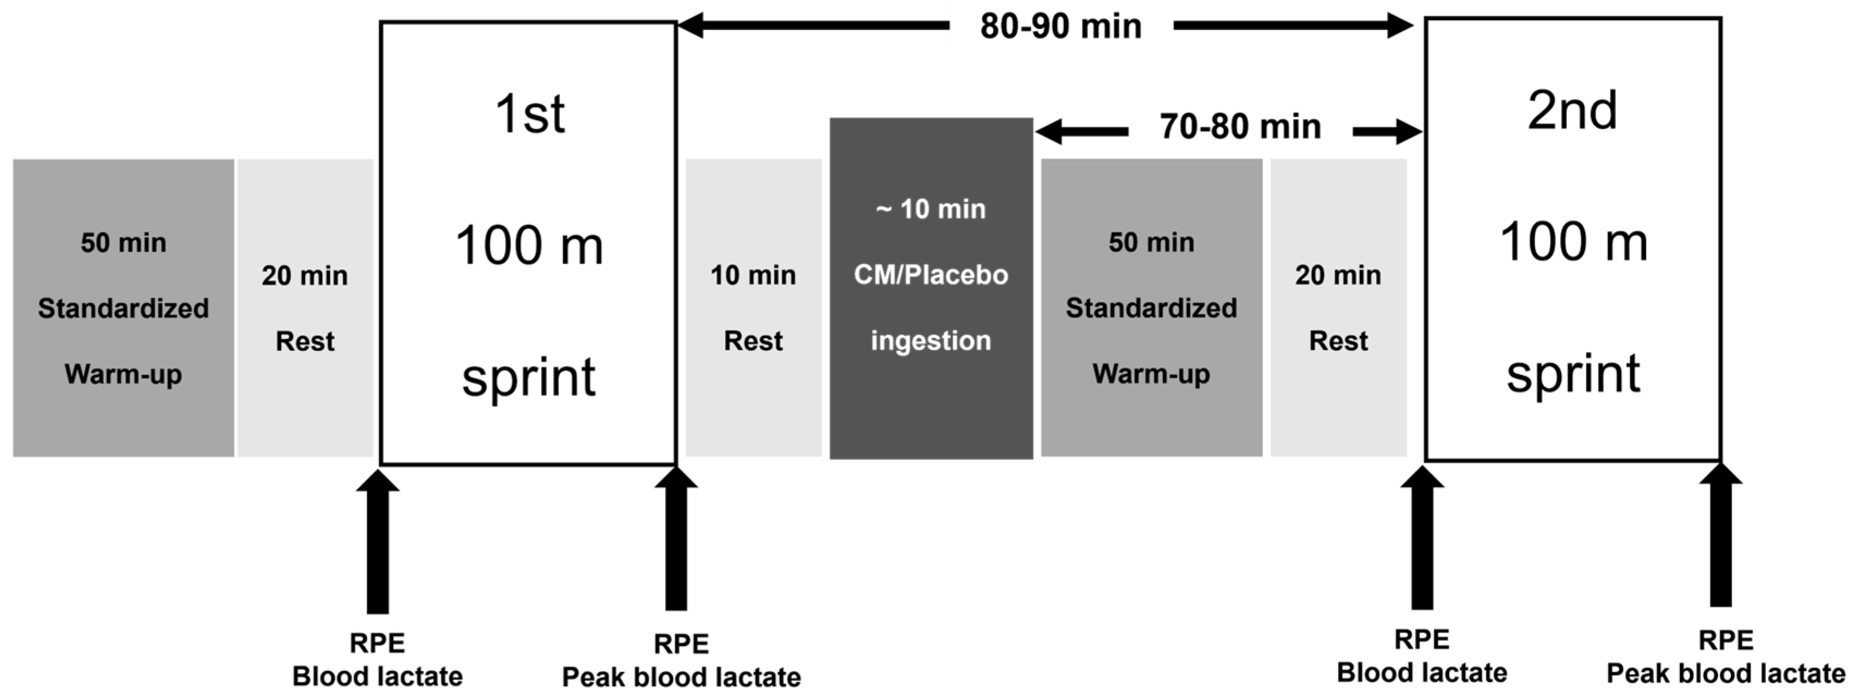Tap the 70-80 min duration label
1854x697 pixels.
tap(1240, 127)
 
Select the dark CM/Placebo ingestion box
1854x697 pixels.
tap(931, 288)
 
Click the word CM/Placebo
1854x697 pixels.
tap(931, 275)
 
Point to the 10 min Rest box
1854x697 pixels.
tap(754, 308)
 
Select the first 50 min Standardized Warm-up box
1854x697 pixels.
tap(124, 308)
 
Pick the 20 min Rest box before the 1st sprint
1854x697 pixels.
tap(305, 308)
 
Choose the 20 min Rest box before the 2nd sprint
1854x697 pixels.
tap(1339, 308)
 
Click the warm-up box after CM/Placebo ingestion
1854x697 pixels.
tap(1151, 308)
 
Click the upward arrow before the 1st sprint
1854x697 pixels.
tap(378, 541)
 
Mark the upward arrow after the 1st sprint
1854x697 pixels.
tap(676, 539)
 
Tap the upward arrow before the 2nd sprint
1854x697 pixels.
tap(1422, 538)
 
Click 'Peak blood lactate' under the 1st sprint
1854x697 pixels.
tap(681, 677)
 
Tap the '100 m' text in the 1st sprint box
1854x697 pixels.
tap(529, 245)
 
